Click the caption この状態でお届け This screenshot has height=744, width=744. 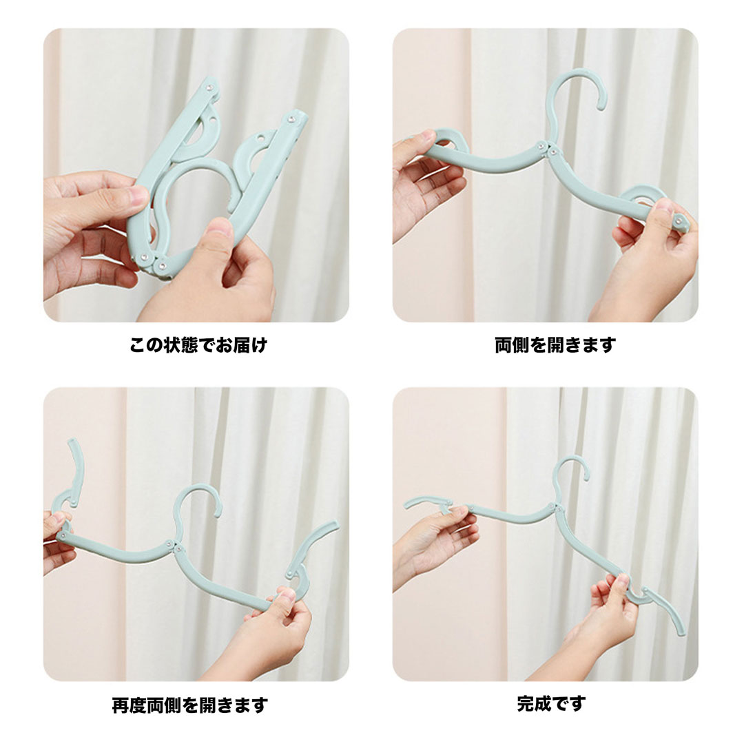click(x=198, y=345)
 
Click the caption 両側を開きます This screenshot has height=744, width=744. click(x=555, y=345)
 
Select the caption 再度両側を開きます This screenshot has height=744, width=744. click(x=190, y=705)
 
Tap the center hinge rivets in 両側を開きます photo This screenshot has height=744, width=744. click(x=546, y=148)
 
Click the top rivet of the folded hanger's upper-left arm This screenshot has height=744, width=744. click(x=209, y=87)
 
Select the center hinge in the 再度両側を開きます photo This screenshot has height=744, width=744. click(x=173, y=546)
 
